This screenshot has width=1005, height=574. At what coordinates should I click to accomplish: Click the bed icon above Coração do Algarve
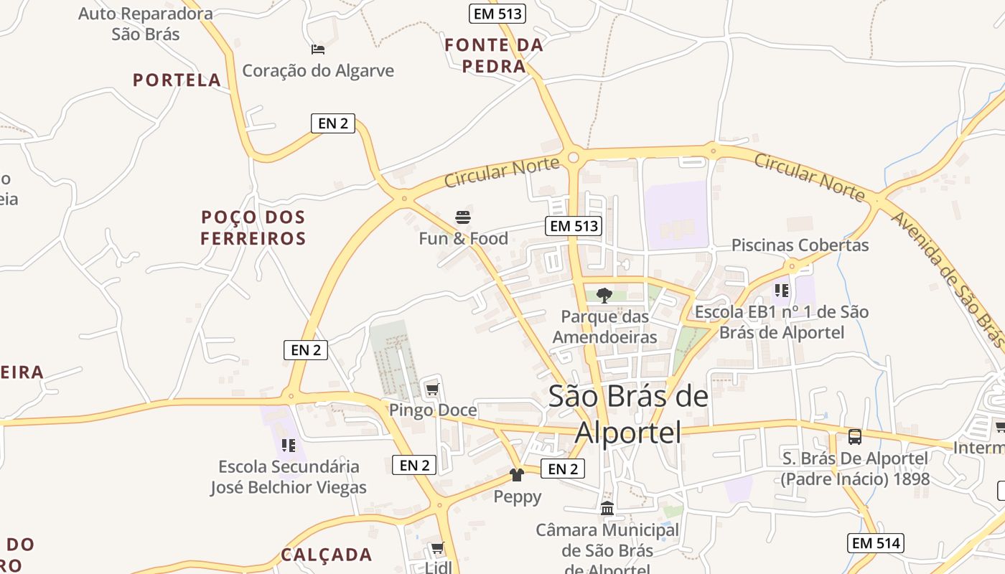[x=318, y=50]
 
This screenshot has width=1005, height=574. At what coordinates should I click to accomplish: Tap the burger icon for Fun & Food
[x=463, y=217]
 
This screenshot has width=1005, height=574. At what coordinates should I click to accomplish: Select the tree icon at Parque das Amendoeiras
[x=604, y=295]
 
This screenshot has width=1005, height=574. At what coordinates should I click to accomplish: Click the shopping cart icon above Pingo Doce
[x=431, y=390]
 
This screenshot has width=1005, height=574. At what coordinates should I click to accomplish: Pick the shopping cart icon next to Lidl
[x=437, y=549]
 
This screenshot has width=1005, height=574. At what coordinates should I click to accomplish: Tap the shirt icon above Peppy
[x=517, y=475]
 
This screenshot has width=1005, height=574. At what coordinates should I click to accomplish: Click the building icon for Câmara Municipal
[x=607, y=509]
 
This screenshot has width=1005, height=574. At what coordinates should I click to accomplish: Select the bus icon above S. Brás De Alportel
[x=854, y=437]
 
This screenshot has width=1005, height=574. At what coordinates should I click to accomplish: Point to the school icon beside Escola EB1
[x=782, y=291]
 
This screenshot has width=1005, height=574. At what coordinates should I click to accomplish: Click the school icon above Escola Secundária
[x=289, y=446]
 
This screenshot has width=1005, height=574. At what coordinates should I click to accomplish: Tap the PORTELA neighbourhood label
[x=177, y=80]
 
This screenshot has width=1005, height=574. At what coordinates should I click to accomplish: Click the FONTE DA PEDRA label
[x=494, y=56]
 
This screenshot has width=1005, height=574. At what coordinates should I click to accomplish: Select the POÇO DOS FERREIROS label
[x=253, y=227]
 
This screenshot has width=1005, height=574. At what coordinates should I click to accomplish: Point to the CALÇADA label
[x=327, y=555]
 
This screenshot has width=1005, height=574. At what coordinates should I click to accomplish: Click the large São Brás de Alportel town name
[x=628, y=414]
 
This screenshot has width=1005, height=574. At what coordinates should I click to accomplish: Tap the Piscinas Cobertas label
[x=800, y=245]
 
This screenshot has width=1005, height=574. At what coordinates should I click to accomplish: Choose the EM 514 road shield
[x=874, y=543]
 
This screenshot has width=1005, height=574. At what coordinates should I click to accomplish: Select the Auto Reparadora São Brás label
[x=146, y=24]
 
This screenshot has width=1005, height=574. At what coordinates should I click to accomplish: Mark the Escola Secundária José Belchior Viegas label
[x=289, y=477]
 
